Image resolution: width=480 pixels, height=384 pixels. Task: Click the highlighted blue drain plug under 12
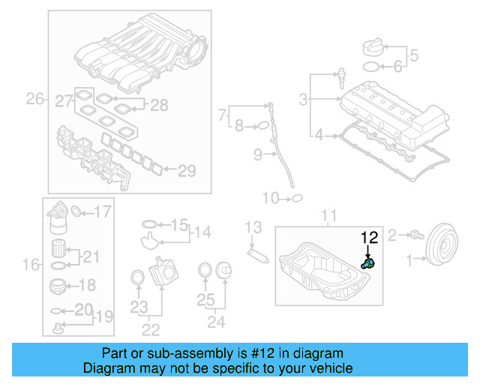pyautogui.click(x=367, y=263)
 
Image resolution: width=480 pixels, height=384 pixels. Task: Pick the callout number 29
pyautogui.click(x=186, y=171)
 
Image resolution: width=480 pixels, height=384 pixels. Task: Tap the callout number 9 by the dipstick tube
pyautogui.click(x=256, y=155)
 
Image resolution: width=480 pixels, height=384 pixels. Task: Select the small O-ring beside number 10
pyautogui.click(x=295, y=198)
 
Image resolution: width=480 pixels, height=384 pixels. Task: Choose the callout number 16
pyautogui.click(x=30, y=263)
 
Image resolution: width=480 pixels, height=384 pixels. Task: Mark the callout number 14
pyautogui.click(x=202, y=232)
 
